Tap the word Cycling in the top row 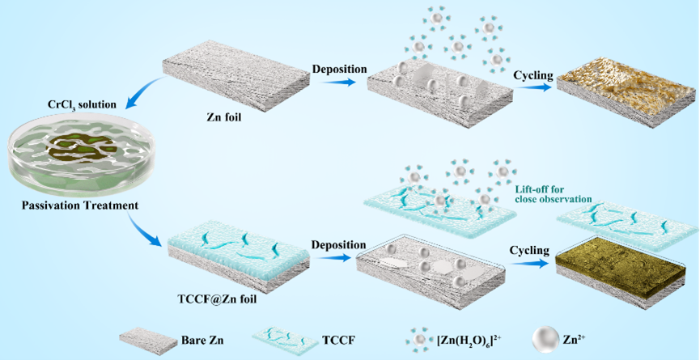pos(533,75)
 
